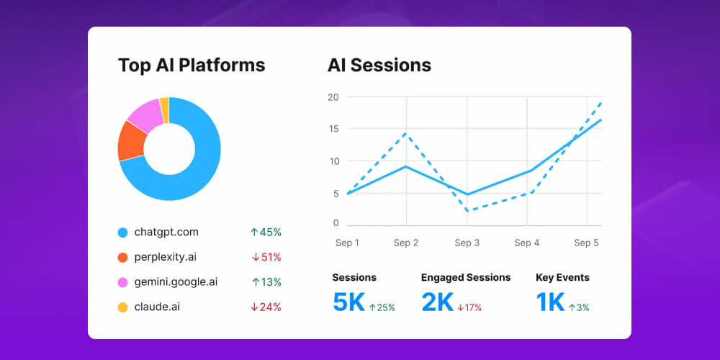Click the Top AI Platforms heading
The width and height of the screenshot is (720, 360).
pos(192,66)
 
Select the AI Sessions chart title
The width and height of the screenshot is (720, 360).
pos(379,66)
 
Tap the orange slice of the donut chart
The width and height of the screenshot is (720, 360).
pos(131,140)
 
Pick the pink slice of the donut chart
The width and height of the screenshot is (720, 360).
pos(145,114)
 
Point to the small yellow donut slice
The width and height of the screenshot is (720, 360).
pos(165,109)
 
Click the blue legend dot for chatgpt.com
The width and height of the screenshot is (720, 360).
pos(122,233)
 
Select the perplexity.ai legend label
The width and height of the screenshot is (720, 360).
pos(166,257)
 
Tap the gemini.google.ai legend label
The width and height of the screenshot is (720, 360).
pos(176,282)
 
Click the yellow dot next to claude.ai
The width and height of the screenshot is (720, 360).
pos(122,307)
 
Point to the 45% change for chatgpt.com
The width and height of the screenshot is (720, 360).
pos(266,233)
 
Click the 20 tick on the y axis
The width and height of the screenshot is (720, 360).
pos(333,97)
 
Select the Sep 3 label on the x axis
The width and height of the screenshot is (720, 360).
pos(467,243)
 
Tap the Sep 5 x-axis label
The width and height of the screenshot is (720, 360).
pos(586,243)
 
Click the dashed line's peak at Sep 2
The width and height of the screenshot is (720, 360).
pos(407,133)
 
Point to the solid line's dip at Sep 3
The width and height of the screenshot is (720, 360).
pos(467,194)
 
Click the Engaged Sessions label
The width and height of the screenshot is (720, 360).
pos(466,277)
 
